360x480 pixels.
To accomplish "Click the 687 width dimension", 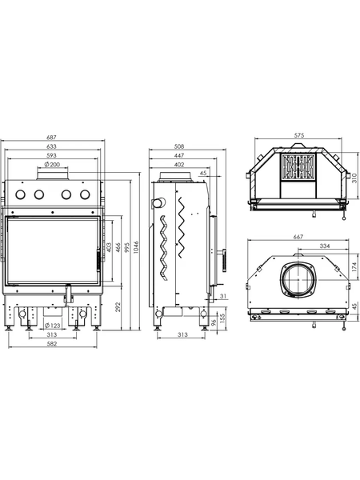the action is pyautogui.click(x=52, y=138).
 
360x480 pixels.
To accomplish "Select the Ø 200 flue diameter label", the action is pyautogui.click(x=52, y=164).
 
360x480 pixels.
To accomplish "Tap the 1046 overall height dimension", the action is pyautogui.click(x=136, y=248).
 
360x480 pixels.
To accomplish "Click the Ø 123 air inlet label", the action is pyautogui.click(x=52, y=326).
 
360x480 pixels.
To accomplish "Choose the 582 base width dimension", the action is pyautogui.click(x=52, y=344).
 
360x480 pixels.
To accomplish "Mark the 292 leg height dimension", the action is pyautogui.click(x=118, y=307).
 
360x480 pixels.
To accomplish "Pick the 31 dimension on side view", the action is pyautogui.click(x=223, y=296).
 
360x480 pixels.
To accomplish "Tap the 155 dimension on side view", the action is pyautogui.click(x=222, y=318).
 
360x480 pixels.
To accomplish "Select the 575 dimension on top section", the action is pyautogui.click(x=299, y=135).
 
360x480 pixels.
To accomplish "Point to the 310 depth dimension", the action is pyautogui.click(x=354, y=178).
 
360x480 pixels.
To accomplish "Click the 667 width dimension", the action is pyautogui.click(x=298, y=237).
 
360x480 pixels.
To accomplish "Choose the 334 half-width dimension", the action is pyautogui.click(x=325, y=246).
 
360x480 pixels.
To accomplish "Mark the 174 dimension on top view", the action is pyautogui.click(x=354, y=267).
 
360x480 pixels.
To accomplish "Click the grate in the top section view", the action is pyautogui.click(x=298, y=166).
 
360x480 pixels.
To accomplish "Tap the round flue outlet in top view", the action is pyautogui.click(x=298, y=280).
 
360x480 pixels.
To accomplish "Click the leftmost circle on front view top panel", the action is pyautogui.click(x=21, y=194).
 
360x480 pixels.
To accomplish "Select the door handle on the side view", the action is pyautogui.click(x=224, y=260).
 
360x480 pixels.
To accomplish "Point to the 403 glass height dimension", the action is pyautogui.click(x=109, y=248).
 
